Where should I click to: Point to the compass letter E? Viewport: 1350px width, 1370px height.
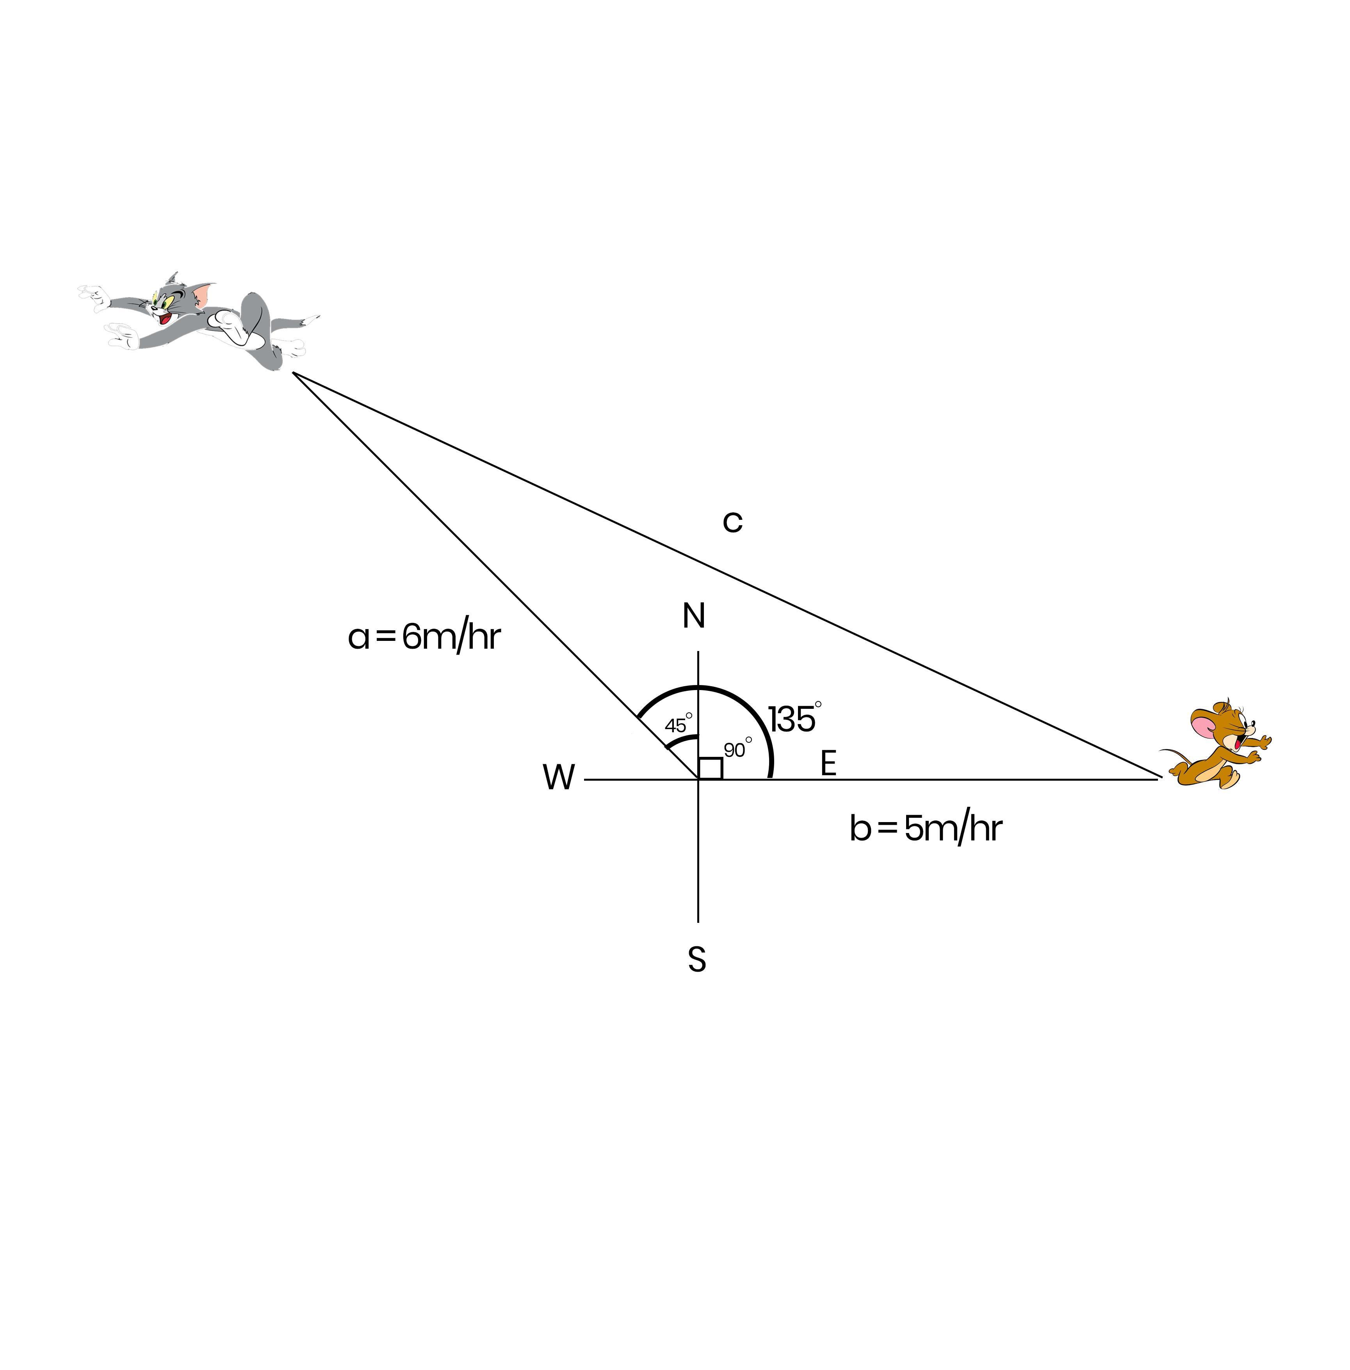[x=828, y=764]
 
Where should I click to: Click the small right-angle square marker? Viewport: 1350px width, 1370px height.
[x=711, y=769]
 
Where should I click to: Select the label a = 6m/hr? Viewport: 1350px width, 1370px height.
[x=424, y=637]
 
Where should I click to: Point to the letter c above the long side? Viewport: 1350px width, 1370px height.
[x=732, y=522]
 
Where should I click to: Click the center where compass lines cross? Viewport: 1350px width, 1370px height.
[x=698, y=779]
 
